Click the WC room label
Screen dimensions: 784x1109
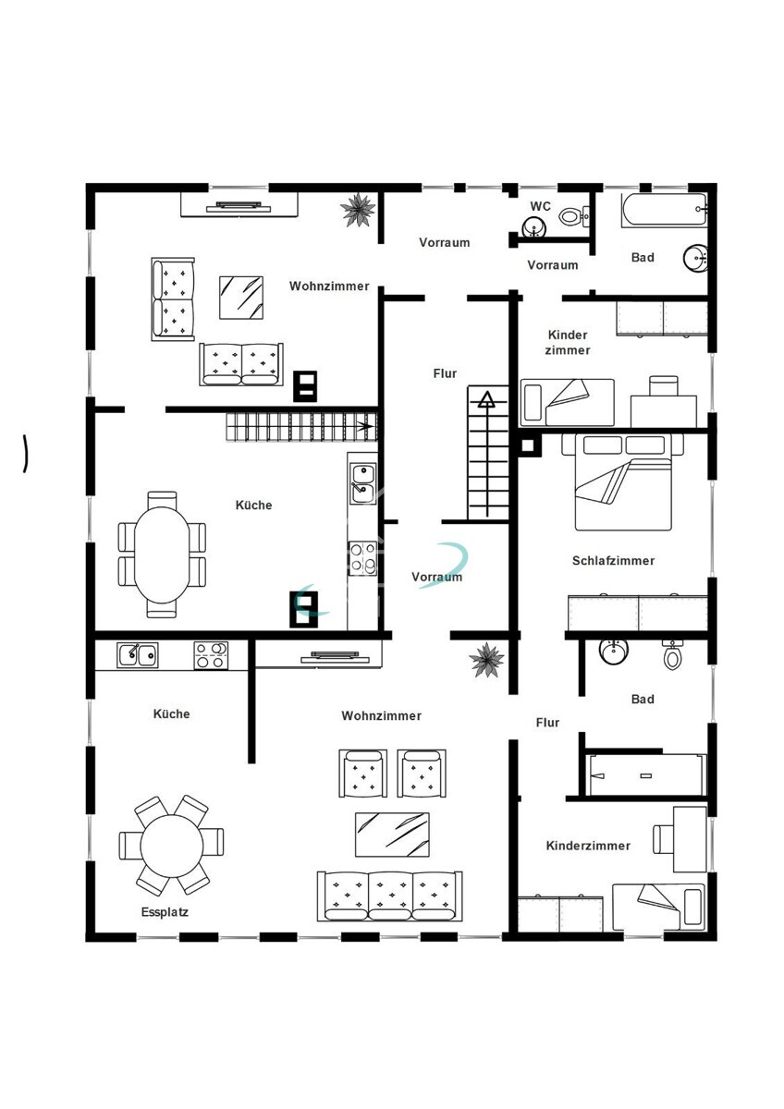pos(540,206)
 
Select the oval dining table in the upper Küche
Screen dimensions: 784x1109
pos(162,554)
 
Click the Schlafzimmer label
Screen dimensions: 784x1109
pos(613,560)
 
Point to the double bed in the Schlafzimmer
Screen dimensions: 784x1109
pos(622,481)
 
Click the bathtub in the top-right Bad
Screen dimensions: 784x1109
pos(664,210)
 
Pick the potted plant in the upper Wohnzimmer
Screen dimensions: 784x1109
pos(358,210)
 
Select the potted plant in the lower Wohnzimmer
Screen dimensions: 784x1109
pos(487,660)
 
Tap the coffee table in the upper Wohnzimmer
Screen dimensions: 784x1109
pos(241,298)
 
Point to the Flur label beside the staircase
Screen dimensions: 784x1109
pos(445,373)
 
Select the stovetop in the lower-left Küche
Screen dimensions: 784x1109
pos(211,655)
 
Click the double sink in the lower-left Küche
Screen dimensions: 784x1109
pos(137,655)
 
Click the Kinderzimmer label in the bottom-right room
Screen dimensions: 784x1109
pos(588,846)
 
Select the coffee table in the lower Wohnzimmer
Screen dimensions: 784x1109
pos(392,835)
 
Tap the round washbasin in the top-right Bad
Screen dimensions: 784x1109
pos(696,258)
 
